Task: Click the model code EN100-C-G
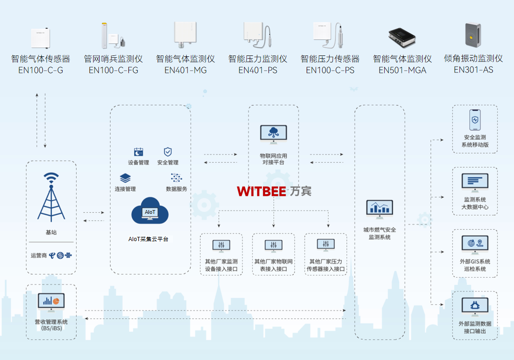coord(40,70)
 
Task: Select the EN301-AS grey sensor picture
coord(473,35)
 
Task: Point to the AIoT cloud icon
coord(150,211)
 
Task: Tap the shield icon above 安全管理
coord(168,152)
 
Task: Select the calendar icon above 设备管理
coord(138,152)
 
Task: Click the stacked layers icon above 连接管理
coord(125,178)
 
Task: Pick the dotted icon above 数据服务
coord(176,178)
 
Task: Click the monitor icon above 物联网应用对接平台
coord(273,134)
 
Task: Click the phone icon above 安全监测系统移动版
coord(475,120)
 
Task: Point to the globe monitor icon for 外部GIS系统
coord(475,244)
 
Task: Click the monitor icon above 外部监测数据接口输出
coord(475,306)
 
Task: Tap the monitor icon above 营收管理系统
coord(51,302)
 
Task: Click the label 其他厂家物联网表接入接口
coord(274,266)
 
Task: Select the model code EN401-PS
coord(258,70)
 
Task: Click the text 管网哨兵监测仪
coord(113,59)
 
